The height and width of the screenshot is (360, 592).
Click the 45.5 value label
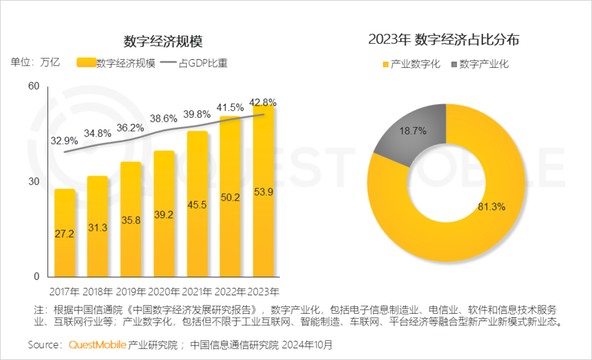coord(197,205)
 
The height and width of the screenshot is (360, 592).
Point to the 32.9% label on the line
coord(64,141)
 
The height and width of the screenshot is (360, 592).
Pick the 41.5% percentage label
coord(230,108)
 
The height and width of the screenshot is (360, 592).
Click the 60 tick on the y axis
coord(34,86)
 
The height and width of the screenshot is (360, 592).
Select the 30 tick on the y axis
coord(34,181)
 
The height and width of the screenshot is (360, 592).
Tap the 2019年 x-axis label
coord(131,292)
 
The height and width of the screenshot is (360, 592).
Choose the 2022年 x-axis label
coord(230,292)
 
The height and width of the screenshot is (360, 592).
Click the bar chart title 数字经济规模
coord(163,41)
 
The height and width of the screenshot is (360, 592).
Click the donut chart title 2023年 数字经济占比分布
coord(444,39)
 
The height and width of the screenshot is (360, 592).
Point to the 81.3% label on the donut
coord(491,207)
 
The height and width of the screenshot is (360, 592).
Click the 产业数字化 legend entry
coord(412,64)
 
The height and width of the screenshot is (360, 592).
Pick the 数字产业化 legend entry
coord(480,64)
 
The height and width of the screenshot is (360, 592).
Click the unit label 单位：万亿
coord(35,62)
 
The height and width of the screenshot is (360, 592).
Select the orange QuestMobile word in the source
coord(97,345)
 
